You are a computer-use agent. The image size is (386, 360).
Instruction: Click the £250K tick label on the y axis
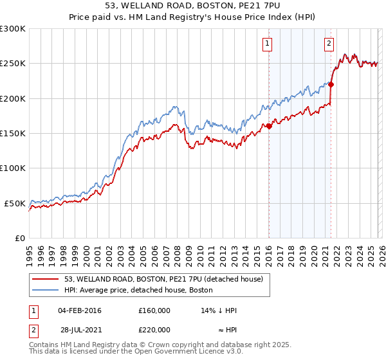(14, 64)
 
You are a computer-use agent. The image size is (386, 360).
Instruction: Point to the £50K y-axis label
(15, 203)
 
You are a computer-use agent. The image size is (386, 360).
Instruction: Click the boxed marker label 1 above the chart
(266, 44)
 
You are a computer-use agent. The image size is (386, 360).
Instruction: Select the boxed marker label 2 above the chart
(329, 44)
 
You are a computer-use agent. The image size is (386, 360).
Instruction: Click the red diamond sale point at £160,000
(269, 127)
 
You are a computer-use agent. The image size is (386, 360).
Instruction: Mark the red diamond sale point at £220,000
(331, 84)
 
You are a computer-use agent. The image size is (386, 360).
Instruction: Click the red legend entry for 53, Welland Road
(163, 280)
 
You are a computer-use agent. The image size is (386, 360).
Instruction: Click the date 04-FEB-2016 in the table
(80, 310)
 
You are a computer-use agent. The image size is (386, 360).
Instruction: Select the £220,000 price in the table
(154, 330)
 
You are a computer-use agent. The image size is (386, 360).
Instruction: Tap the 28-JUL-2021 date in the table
(79, 330)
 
